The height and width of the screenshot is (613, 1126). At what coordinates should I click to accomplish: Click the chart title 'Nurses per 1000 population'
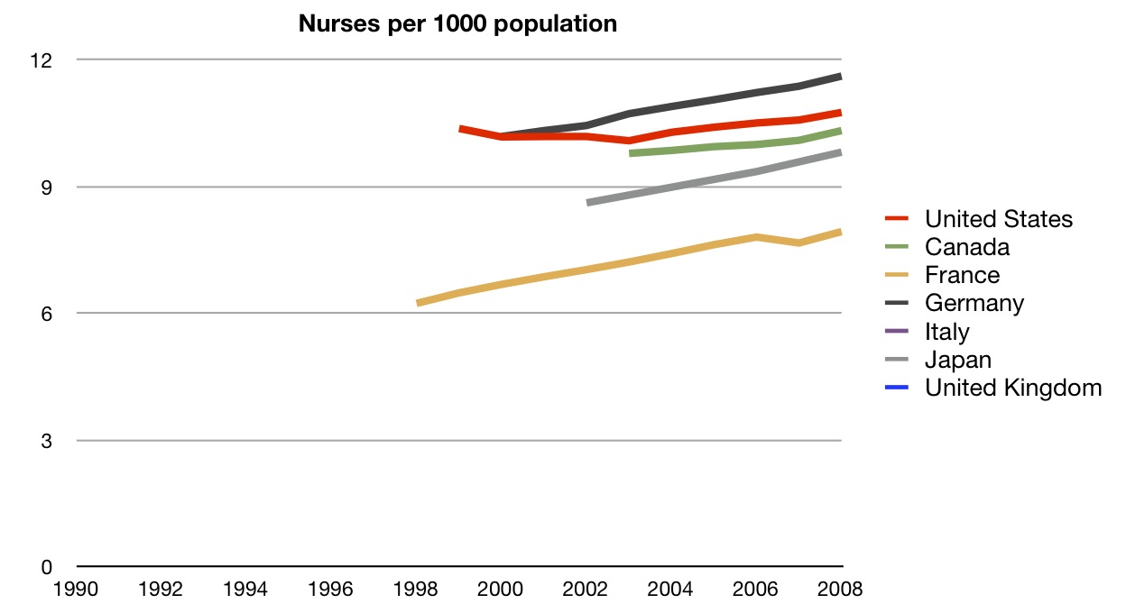point(457,24)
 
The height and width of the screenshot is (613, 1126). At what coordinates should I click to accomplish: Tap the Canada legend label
point(966,247)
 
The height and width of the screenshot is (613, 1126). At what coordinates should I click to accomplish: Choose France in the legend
point(962,275)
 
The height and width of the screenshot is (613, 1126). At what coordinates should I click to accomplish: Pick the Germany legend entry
point(974,303)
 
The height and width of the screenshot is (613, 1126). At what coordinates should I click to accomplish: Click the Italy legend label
point(947,332)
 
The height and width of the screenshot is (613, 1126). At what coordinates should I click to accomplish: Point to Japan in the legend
point(958,360)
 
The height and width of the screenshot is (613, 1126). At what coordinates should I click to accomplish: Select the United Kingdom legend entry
point(1013,388)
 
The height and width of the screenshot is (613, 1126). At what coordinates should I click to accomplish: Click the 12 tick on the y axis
point(42,60)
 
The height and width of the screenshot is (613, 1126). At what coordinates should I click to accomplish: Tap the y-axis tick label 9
point(47,188)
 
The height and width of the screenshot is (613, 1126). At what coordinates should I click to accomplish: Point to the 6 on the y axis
point(47,315)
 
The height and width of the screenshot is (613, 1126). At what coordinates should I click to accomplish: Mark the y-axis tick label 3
point(47,442)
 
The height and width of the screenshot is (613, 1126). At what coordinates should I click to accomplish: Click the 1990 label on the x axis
point(76,589)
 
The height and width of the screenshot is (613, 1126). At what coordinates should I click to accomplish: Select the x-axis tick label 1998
point(415,589)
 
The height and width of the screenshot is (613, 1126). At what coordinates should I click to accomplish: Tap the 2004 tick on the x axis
point(670,589)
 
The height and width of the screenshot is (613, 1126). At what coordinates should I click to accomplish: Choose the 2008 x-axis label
point(840,589)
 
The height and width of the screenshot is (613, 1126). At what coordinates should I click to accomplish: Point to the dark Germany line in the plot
point(671,106)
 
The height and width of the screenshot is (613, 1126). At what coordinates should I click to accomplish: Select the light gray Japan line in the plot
point(714,179)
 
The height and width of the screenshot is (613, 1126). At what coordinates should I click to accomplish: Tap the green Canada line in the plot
point(735,146)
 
